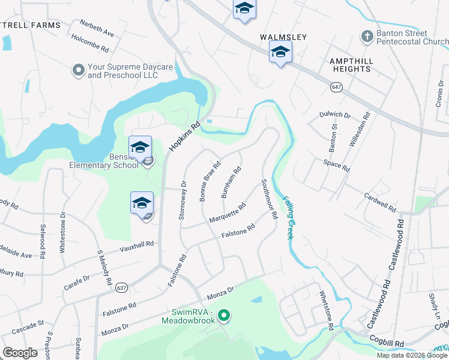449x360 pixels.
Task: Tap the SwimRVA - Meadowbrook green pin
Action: pos(224,314)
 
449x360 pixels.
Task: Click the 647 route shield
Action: pos(336,88)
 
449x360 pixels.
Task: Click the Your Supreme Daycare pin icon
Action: pos(78,71)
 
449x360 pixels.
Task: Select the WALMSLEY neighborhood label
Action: pos(283,37)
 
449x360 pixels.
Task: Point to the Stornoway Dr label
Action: pos(182,200)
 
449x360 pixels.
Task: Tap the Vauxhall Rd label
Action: pos(137,245)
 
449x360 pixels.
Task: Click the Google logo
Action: pos(20,353)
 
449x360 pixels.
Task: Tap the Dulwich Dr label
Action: pos(335,114)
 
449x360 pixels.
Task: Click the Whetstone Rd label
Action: pos(327,311)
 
